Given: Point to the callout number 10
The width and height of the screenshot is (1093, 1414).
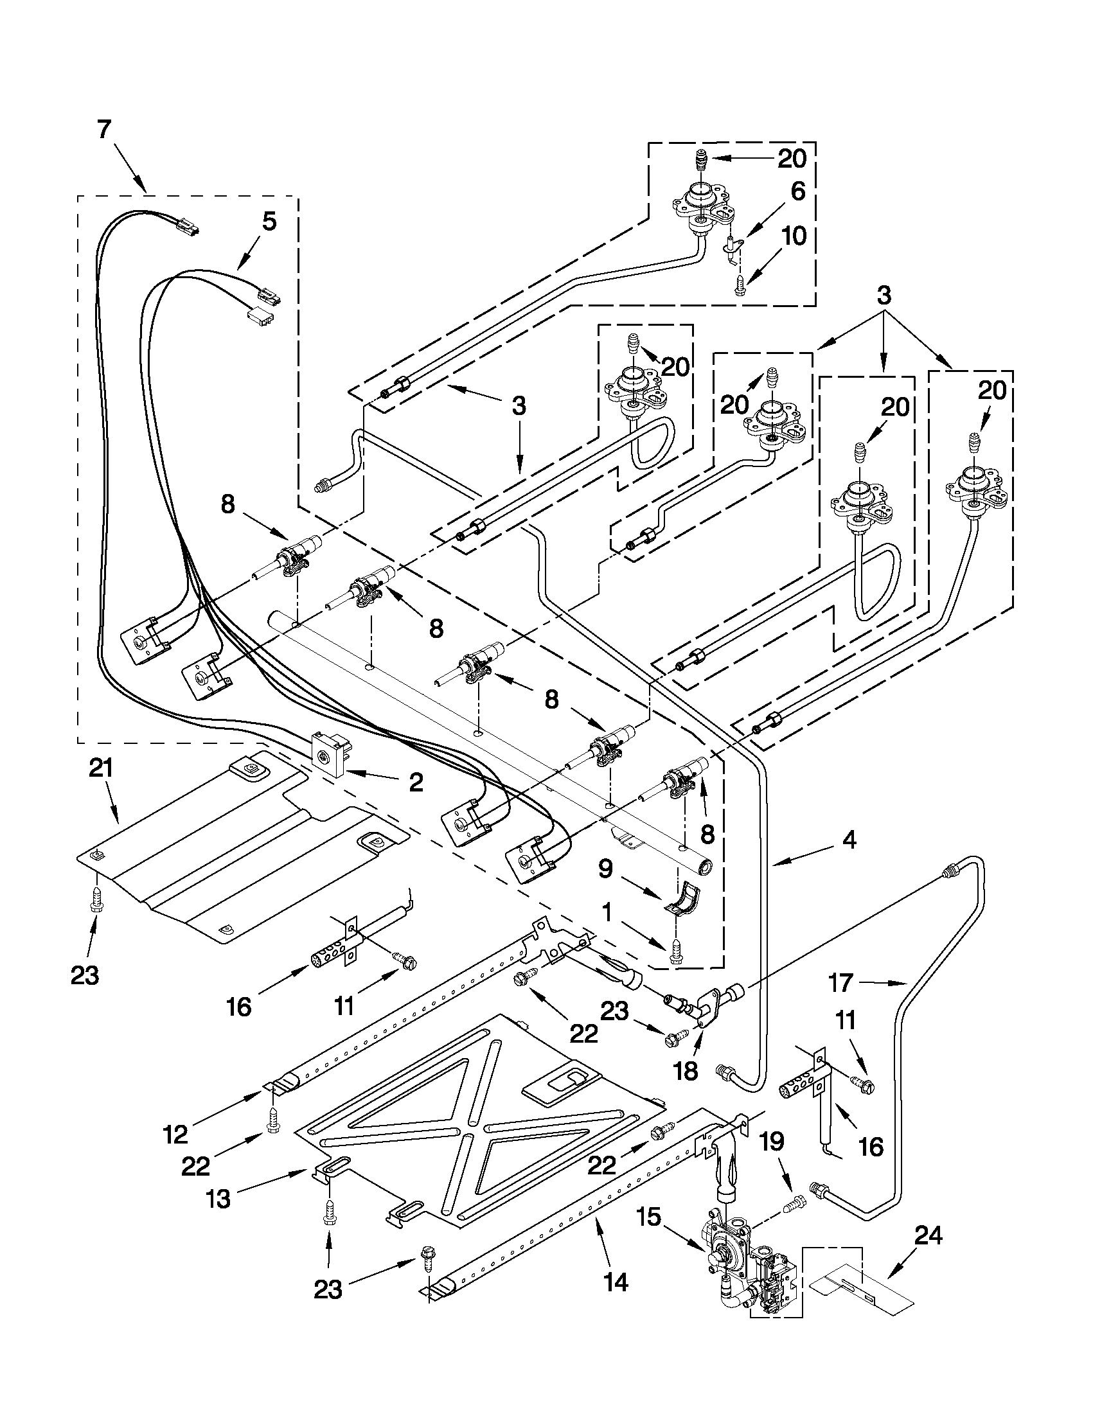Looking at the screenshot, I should (794, 236).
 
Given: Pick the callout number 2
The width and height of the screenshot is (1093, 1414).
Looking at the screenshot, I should (416, 782).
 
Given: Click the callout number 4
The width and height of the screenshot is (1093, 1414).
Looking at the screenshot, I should (849, 840).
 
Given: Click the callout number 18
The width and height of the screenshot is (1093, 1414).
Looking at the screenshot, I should (686, 1072).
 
